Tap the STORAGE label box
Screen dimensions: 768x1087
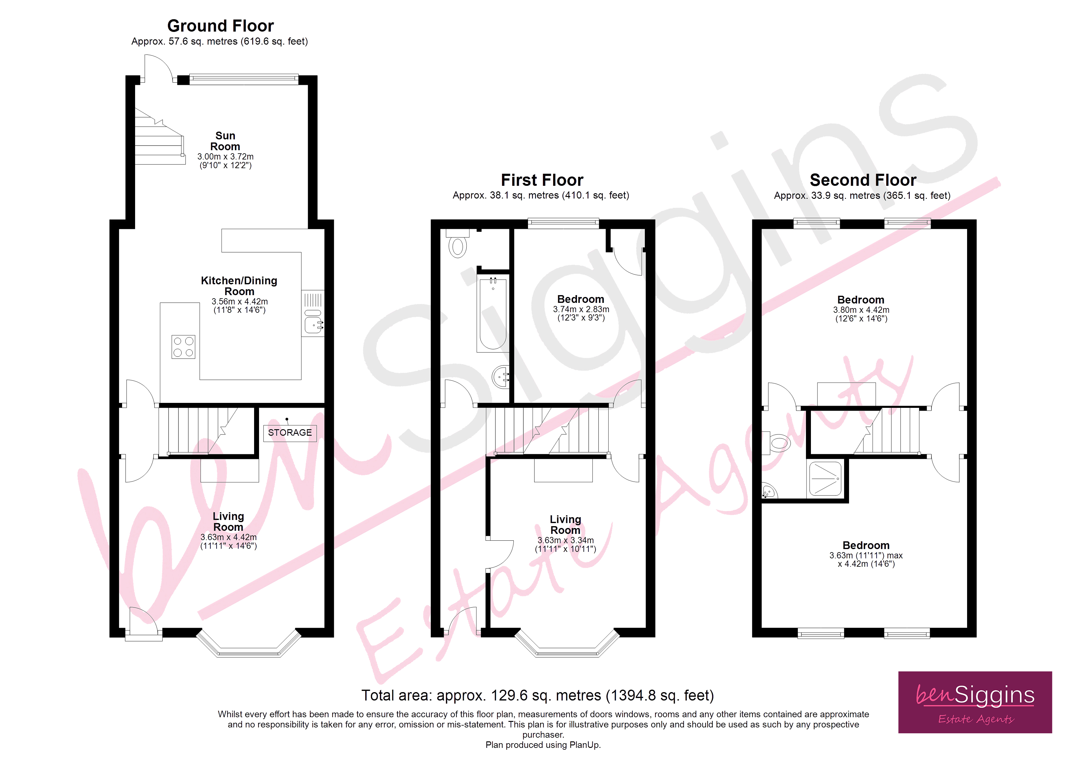pos(290,433)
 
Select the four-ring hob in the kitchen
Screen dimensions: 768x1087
pos(183,347)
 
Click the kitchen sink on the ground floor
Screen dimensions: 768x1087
pos(313,325)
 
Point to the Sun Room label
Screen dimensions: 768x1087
pos(225,141)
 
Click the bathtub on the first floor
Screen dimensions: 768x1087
pos(492,315)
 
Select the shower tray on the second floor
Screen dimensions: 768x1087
pos(825,478)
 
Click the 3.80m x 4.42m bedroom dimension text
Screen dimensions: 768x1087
pos(861,310)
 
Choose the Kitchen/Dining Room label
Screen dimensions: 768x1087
pos(239,286)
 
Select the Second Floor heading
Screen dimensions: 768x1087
pos(863,180)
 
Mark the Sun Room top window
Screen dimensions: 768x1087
pos(244,79)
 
